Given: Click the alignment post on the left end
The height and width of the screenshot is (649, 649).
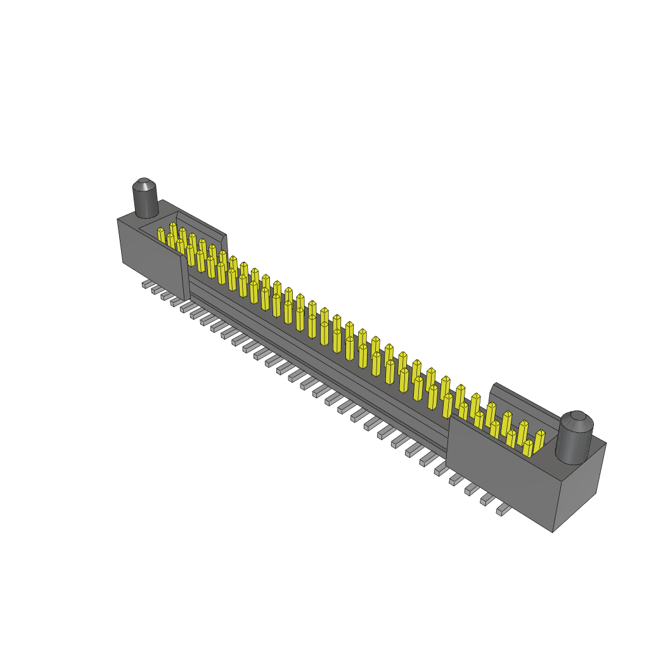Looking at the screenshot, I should point(145,200).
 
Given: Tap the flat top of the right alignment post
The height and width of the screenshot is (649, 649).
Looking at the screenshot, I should point(576,418).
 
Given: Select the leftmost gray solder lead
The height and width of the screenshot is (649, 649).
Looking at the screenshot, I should point(146,285).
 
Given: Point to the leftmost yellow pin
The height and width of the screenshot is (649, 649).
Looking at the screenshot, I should point(161,235).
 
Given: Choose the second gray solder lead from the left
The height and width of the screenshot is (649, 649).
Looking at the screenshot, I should point(156,290).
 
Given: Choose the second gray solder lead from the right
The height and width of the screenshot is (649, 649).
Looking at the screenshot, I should point(487,499).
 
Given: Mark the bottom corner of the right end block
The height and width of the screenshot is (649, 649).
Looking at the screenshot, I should point(553,531).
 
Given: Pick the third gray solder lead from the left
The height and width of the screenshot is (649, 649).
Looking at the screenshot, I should point(166,295).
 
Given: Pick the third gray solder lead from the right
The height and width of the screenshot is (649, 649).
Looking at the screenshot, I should point(472,489).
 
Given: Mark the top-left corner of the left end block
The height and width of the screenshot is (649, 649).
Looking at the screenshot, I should point(118,219).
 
